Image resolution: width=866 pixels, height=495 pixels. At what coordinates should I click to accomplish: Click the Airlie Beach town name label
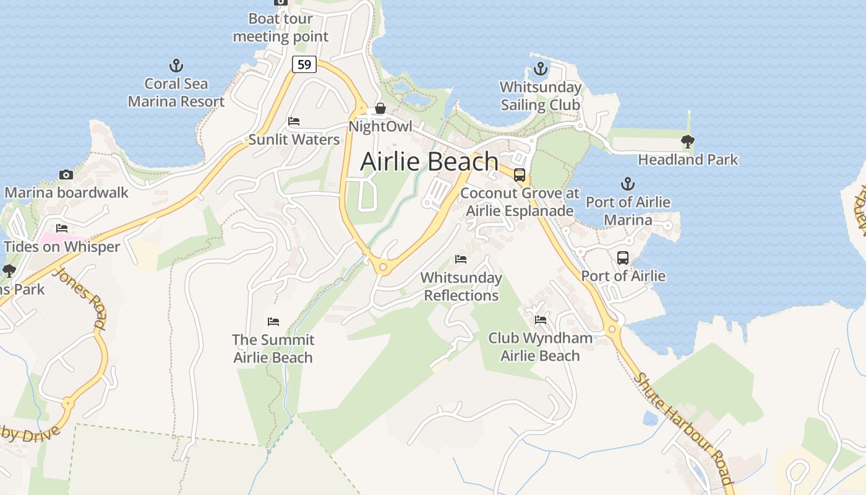coord(429,161)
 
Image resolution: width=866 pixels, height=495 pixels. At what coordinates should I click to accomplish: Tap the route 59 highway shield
coord(304,64)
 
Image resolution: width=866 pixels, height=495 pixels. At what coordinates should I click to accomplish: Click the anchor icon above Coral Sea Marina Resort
coord(176,66)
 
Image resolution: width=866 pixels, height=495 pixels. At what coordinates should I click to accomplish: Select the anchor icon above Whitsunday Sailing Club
coord(541,69)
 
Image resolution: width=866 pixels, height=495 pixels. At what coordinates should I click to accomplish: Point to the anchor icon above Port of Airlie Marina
coord(628,184)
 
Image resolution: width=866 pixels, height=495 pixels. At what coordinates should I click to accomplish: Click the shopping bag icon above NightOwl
coord(380,109)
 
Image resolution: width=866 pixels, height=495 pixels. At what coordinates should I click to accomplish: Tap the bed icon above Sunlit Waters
coord(294,121)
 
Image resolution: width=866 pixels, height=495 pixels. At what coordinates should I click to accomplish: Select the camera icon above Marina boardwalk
coord(66,174)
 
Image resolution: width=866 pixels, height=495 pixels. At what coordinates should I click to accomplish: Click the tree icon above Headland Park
coord(687,142)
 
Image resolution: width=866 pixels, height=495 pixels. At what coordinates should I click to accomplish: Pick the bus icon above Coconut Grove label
coord(520,175)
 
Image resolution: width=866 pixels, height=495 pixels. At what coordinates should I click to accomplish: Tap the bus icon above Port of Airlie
coord(623,258)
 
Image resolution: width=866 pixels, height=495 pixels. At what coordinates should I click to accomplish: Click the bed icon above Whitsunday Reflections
coord(461,259)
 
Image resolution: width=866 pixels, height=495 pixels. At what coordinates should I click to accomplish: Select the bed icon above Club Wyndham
coord(540,320)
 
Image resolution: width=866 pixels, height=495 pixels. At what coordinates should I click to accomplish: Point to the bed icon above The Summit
coord(273,322)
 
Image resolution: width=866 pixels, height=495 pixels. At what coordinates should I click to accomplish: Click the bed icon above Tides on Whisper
coord(61,228)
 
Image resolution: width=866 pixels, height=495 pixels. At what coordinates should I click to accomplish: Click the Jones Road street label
coord(82,298)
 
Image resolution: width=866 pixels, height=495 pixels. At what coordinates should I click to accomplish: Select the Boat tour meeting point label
coord(280,28)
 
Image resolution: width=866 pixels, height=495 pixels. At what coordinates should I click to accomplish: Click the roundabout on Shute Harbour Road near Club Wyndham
coord(612,329)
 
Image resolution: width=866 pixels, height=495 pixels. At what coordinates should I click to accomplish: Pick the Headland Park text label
coord(688,160)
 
